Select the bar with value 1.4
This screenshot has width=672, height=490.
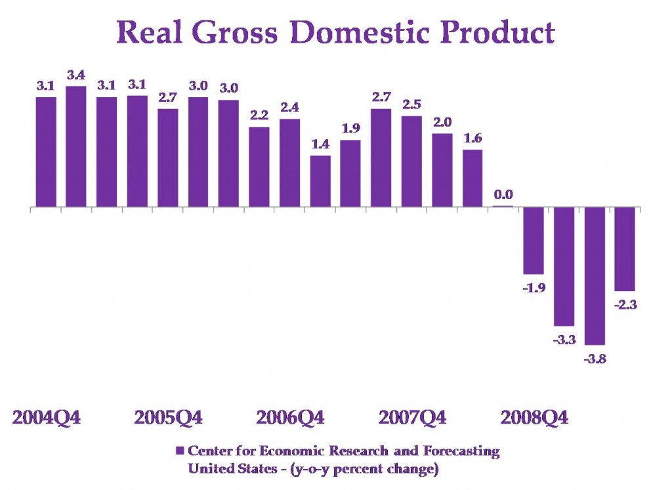(x=320, y=181)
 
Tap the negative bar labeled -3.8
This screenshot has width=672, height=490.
(x=595, y=276)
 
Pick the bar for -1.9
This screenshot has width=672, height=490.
(x=534, y=240)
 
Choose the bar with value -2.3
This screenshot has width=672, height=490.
(x=625, y=249)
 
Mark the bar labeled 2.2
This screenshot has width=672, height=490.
(x=259, y=167)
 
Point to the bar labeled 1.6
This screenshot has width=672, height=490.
(x=472, y=179)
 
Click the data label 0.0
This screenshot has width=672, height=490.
(x=504, y=194)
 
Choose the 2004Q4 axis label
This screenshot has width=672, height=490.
(x=47, y=418)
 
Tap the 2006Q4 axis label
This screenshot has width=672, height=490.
(x=290, y=418)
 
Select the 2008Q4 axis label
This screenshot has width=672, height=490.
(x=534, y=418)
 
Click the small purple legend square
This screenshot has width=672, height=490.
(x=178, y=451)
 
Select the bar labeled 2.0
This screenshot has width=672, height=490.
(x=442, y=171)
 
